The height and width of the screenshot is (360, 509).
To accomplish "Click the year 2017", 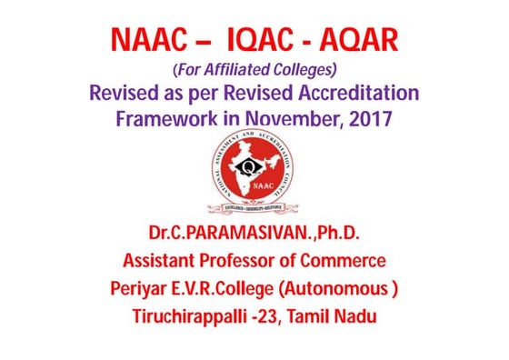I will [370, 118].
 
